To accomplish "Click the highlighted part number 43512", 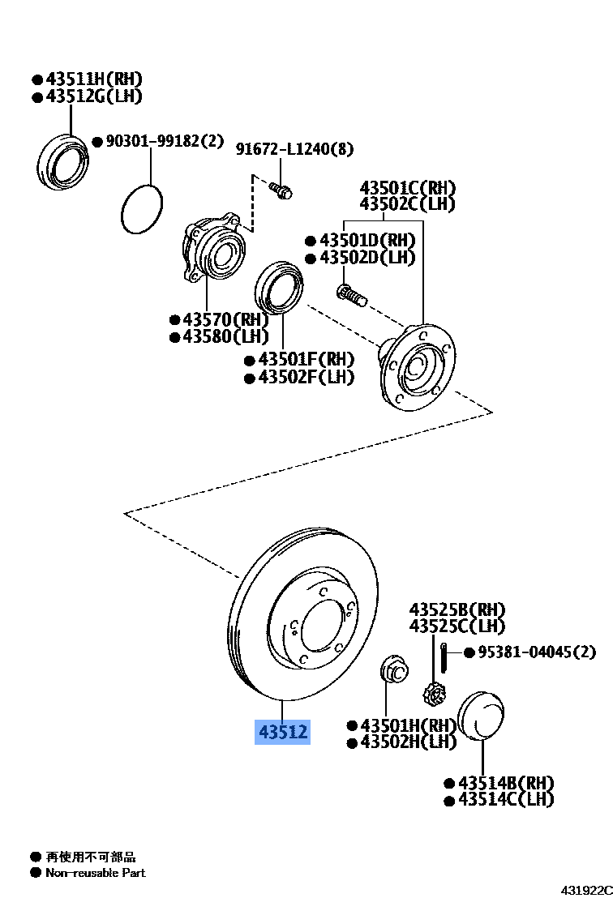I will pyautogui.click(x=283, y=732).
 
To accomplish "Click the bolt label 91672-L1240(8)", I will pyautogui.click(x=294, y=149).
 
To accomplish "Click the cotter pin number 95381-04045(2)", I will pyautogui.click(x=536, y=652).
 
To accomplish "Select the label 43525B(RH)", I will pyautogui.click(x=457, y=609).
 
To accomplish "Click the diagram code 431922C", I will pyautogui.click(x=586, y=890).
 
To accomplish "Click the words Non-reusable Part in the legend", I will pyautogui.click(x=96, y=873).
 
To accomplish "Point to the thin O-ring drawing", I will pyautogui.click(x=142, y=208).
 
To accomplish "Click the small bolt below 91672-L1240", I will pyautogui.click(x=282, y=191).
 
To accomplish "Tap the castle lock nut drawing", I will pyautogui.click(x=433, y=694).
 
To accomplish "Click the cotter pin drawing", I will pyautogui.click(x=445, y=655).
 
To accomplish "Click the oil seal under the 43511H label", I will pyautogui.click(x=63, y=160).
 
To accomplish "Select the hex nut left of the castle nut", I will pyautogui.click(x=393, y=669).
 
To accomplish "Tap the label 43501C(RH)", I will pyautogui.click(x=407, y=187).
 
